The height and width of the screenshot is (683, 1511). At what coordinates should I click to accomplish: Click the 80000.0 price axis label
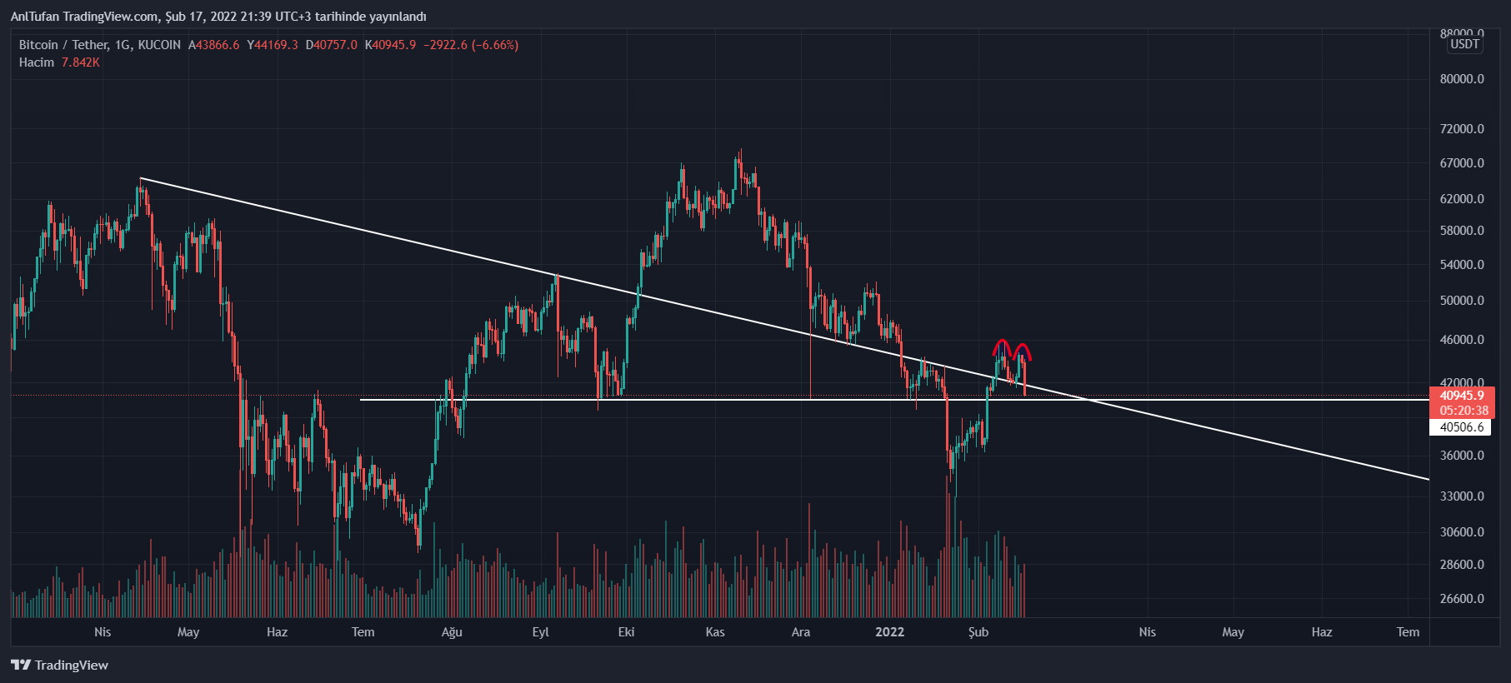[x=1462, y=79]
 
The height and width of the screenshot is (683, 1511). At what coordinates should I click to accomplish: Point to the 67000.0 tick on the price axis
[x=1462, y=163]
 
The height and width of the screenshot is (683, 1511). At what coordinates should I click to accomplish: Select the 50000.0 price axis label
[x=1462, y=300]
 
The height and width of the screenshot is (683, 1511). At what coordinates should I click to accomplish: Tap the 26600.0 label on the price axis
[x=1462, y=598]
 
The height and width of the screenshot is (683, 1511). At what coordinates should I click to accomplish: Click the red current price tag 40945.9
[x=1462, y=396]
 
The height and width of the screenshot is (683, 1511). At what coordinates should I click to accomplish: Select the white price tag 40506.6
[x=1462, y=427]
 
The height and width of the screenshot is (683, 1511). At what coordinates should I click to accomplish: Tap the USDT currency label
[x=1464, y=44]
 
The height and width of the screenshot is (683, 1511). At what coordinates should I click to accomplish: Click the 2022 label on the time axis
[x=889, y=632]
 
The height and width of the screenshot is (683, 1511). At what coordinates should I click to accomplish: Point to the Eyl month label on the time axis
[x=540, y=632]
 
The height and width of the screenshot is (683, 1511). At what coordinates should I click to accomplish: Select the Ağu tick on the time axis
[x=452, y=632]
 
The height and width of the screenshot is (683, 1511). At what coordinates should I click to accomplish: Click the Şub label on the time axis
[x=978, y=632]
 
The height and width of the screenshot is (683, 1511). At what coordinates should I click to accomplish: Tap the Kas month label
[x=715, y=632]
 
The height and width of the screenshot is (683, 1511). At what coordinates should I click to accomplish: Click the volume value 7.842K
[x=81, y=62]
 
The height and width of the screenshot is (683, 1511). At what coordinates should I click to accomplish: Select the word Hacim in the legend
[x=37, y=62]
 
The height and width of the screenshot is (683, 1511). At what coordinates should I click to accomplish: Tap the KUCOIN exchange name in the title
[x=159, y=45]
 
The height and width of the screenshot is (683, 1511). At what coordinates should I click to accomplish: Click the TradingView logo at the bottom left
[x=60, y=665]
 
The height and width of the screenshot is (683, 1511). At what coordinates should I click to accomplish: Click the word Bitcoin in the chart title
[x=38, y=45]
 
